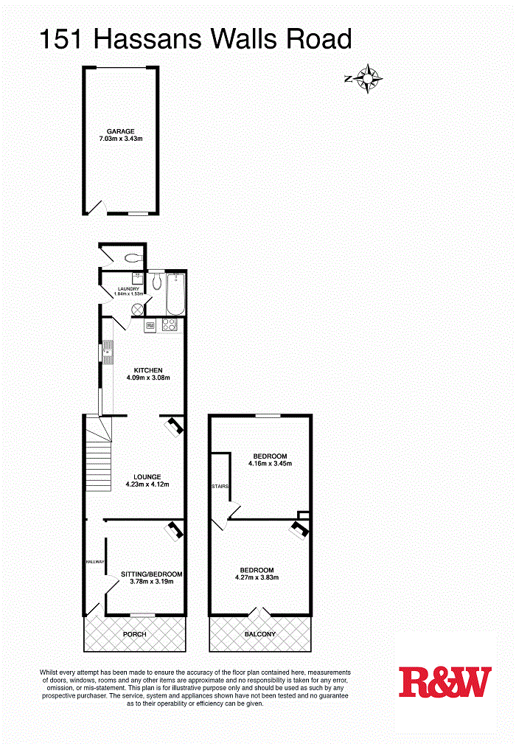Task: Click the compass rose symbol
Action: (366, 77)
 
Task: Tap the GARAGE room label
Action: (120, 131)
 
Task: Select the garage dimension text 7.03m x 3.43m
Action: (120, 139)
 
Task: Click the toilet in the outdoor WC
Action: (133, 258)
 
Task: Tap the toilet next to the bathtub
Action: (156, 281)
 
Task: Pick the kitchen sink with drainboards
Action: (108, 352)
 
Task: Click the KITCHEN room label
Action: (147, 370)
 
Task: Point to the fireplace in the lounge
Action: (174, 425)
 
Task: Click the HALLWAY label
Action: (95, 562)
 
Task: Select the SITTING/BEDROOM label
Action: (151, 574)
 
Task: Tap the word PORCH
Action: (135, 634)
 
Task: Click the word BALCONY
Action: (260, 634)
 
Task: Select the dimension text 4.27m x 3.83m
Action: (257, 578)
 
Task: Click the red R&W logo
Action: (444, 682)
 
